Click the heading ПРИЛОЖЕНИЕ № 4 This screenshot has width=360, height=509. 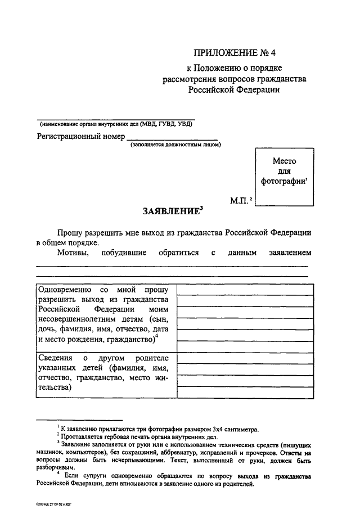tap(235, 54)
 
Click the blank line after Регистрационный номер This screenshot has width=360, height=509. tap(172, 137)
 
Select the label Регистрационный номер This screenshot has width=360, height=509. tap(80, 136)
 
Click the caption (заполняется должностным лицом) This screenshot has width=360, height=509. tap(175, 145)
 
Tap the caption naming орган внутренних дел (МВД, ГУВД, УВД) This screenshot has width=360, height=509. tap(116, 124)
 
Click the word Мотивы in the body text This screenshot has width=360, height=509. tap(71, 253)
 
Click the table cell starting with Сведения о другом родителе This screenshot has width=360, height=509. tap(105, 373)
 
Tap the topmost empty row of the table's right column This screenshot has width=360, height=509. tap(245, 290)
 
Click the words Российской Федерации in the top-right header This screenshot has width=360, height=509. tap(235, 89)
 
